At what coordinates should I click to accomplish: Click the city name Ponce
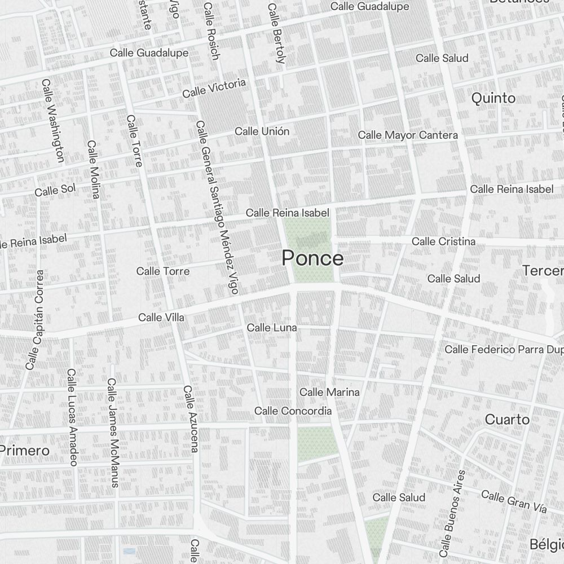312,258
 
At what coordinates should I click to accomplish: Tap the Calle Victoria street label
214,88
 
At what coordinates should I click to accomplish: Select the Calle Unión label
262,131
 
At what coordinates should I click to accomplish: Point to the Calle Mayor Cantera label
408,135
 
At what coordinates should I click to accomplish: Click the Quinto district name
493,98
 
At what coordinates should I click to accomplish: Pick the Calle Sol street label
55,190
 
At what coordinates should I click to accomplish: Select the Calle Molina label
93,169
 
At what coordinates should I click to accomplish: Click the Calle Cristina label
443,241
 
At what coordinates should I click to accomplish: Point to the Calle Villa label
161,318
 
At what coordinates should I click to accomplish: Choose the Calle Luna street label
272,328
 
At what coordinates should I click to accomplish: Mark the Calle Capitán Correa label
35,319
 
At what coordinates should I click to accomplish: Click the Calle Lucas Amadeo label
72,417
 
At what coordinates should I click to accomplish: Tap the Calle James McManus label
113,433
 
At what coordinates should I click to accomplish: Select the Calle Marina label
329,392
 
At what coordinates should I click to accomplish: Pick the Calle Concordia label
293,411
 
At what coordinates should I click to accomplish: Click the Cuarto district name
507,420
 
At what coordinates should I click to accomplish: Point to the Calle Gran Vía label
514,501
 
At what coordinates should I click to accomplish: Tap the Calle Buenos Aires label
452,512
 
